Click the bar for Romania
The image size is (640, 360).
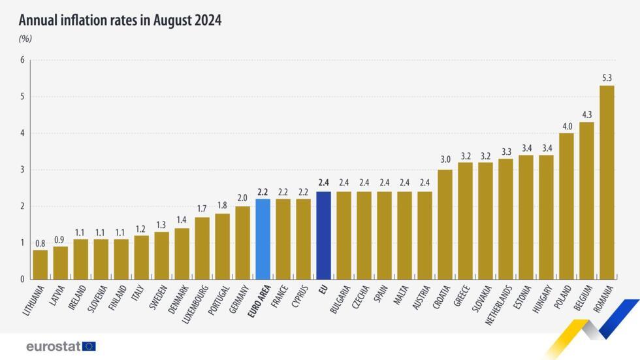[607, 182]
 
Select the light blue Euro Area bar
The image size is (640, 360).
[263, 239]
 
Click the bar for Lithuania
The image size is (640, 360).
[40, 265]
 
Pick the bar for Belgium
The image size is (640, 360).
[586, 201]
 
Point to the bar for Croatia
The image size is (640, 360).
[445, 224]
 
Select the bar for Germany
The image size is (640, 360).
[242, 242]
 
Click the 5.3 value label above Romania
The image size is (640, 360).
[607, 78]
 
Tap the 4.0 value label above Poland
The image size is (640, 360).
[566, 126]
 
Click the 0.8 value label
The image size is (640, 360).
[40, 243]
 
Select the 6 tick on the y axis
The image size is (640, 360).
[22, 60]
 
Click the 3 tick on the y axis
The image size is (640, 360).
[22, 170]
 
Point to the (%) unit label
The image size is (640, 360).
[25, 39]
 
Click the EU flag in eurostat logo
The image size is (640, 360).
[89, 346]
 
